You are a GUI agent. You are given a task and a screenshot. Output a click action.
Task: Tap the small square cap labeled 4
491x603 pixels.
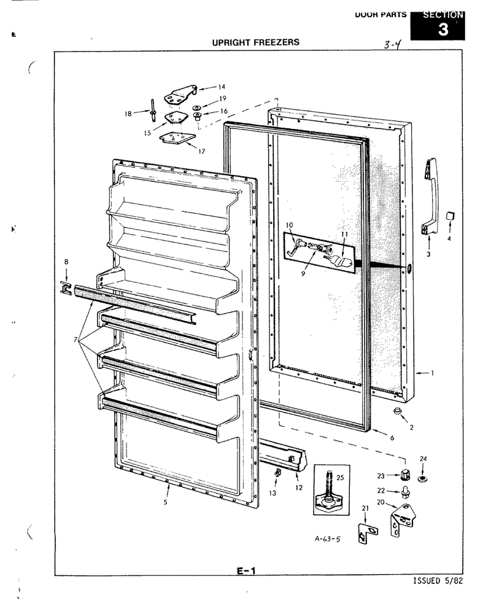449,216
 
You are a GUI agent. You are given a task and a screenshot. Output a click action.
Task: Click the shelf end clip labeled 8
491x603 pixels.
66,288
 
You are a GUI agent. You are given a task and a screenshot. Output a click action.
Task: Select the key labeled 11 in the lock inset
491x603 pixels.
338,259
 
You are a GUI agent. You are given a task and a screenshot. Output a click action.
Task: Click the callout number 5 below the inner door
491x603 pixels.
165,502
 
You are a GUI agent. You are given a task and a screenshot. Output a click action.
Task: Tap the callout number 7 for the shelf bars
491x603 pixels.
75,340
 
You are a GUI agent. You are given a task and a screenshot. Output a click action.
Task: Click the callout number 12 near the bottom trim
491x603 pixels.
299,488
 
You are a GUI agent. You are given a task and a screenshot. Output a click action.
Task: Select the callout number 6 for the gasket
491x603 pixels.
392,438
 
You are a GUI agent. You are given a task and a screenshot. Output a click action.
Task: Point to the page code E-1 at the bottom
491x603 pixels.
245,571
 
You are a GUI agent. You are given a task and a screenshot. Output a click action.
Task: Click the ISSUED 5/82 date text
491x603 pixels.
438,581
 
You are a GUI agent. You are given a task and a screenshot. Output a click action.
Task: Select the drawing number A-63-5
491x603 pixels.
328,539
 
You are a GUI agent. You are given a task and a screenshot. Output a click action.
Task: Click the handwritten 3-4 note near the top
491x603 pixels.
392,45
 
